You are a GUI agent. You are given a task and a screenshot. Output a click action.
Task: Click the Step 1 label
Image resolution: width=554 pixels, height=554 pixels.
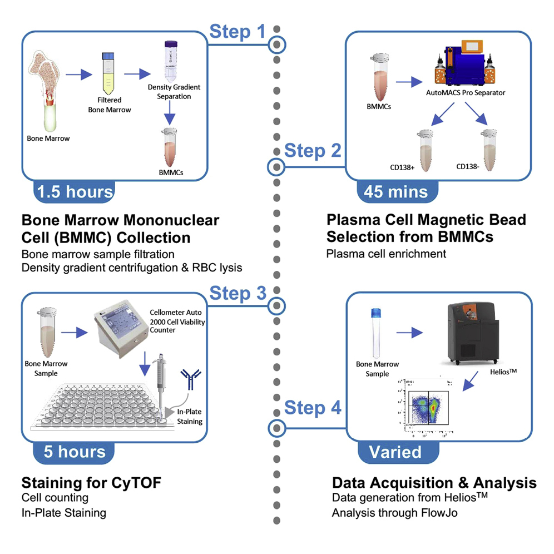238,32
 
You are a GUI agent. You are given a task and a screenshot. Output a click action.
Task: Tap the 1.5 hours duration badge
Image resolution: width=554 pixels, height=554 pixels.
74,192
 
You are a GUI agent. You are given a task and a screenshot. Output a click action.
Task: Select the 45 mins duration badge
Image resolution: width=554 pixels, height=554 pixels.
396,192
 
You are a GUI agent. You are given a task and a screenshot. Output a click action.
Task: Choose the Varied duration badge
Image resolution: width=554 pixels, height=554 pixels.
396,452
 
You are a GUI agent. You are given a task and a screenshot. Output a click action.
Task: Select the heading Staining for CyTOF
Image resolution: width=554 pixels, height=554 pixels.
91,482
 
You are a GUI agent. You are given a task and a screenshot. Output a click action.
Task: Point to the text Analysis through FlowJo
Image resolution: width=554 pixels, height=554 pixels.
394,512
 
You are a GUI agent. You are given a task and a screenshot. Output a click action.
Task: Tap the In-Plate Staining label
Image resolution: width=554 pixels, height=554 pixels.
189,417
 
